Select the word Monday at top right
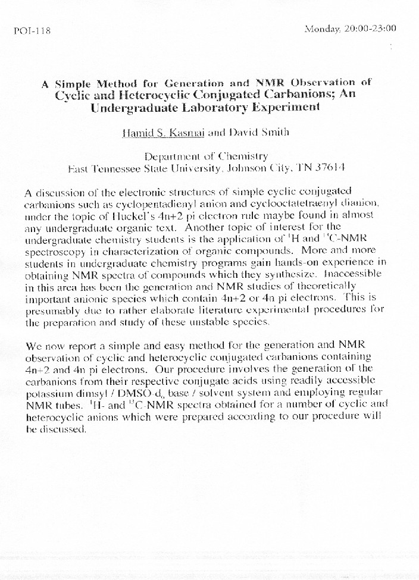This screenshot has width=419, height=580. (323, 28)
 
